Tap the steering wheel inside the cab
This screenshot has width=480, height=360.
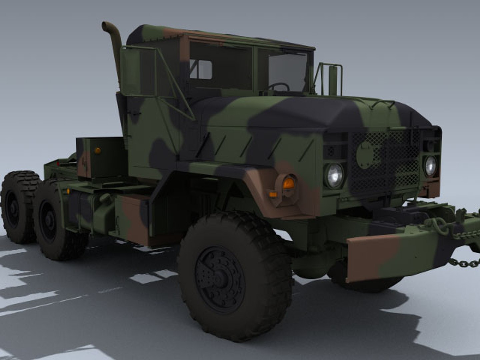(x=279, y=87)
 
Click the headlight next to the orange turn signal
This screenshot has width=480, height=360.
(x=334, y=175)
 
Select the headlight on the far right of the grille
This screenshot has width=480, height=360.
(x=430, y=166)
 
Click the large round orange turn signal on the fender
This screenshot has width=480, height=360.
(x=289, y=183)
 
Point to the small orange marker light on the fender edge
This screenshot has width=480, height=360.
(x=273, y=194)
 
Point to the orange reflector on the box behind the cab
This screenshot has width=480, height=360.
(x=98, y=150)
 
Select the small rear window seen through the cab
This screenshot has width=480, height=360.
(x=201, y=70)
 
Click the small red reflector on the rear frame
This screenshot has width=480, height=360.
(x=57, y=163)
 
